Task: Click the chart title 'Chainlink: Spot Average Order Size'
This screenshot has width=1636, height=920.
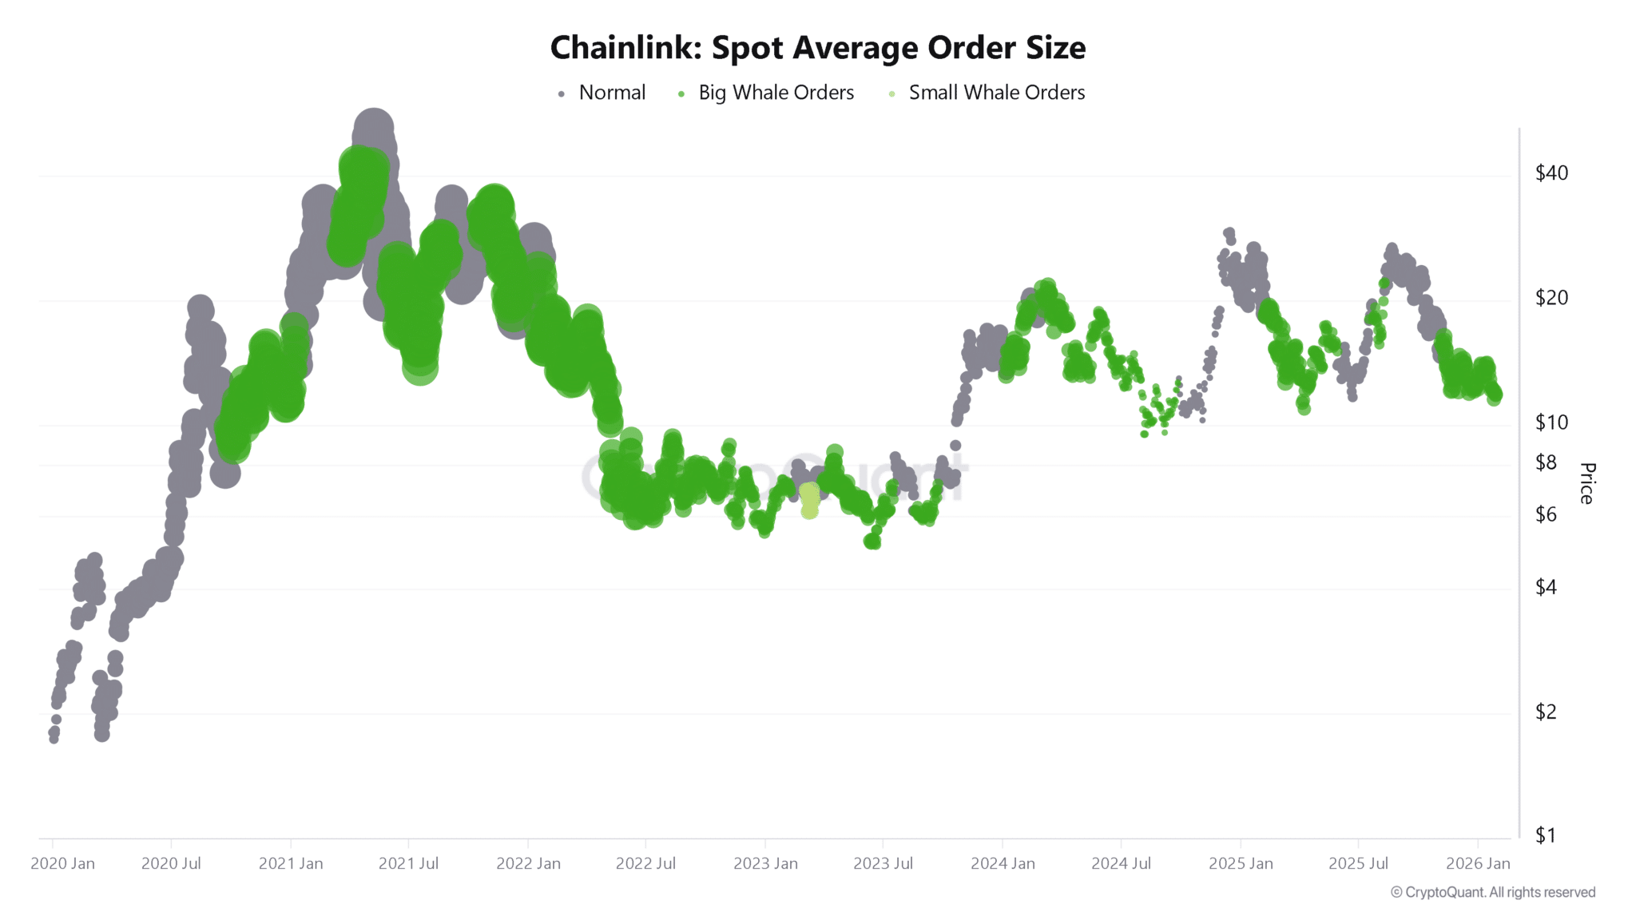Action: pyautogui.click(x=817, y=48)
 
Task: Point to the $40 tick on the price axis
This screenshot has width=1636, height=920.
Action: pyautogui.click(x=1551, y=172)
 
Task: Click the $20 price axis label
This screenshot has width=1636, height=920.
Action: pyautogui.click(x=1551, y=298)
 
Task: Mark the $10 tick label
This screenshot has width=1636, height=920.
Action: pyautogui.click(x=1551, y=422)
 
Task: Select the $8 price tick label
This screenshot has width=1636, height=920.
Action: pyautogui.click(x=1546, y=462)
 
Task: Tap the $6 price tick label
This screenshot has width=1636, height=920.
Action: pyautogui.click(x=1546, y=514)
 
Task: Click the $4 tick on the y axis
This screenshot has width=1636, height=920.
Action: pyautogui.click(x=1546, y=588)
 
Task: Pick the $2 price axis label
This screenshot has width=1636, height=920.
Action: pyautogui.click(x=1546, y=712)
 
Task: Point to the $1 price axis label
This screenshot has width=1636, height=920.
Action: pyautogui.click(x=1546, y=836)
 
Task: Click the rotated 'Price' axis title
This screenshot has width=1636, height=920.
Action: pyautogui.click(x=1587, y=483)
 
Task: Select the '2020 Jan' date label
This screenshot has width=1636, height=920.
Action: pyautogui.click(x=62, y=863)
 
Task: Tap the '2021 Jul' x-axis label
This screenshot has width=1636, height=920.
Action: pyautogui.click(x=408, y=863)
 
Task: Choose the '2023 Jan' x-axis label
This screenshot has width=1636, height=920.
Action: pyautogui.click(x=765, y=863)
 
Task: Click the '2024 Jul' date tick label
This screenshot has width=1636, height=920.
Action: pyautogui.click(x=1121, y=863)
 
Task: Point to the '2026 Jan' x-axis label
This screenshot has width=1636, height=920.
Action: pyautogui.click(x=1478, y=863)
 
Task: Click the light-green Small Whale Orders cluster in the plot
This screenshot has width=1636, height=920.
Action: pyautogui.click(x=809, y=501)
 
